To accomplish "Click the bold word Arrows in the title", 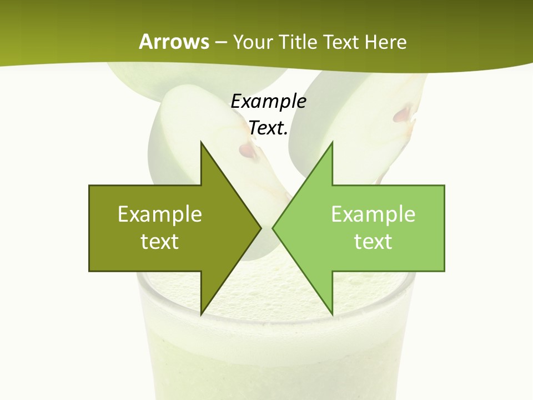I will [x=174, y=42].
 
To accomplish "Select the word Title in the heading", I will [x=297, y=42].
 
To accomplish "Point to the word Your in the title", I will [x=253, y=42].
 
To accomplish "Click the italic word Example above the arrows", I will [x=268, y=102].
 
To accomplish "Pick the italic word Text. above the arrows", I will [x=268, y=128].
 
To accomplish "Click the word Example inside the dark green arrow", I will [x=159, y=214].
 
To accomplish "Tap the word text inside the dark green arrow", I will [x=159, y=241].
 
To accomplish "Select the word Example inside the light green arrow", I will [x=373, y=214].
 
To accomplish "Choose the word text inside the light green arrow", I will [x=373, y=241].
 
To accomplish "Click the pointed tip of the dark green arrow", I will [x=261, y=228].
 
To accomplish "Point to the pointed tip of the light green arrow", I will [x=273, y=228].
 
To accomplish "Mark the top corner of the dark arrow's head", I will [x=201, y=142].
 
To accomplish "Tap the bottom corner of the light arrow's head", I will [x=332, y=314].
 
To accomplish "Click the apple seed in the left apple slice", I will [x=248, y=150].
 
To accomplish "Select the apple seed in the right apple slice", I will [x=403, y=115].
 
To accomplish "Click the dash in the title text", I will [x=220, y=42].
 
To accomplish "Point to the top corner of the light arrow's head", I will [x=332, y=142].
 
